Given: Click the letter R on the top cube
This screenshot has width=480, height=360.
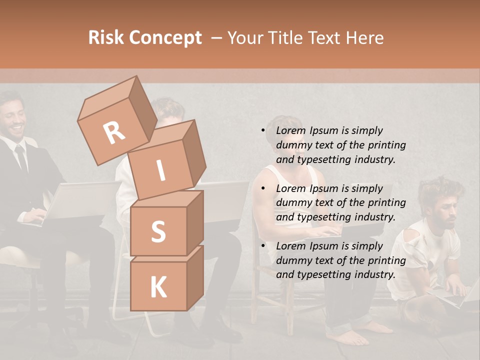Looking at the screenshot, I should [x=114, y=132].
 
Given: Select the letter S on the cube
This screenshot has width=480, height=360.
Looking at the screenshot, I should [x=158, y=232].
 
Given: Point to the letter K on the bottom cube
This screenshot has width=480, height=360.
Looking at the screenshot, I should [x=158, y=287].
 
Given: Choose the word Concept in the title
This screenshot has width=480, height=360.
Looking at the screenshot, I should [x=165, y=38].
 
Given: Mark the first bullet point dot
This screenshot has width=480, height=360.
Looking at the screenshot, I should [x=263, y=130].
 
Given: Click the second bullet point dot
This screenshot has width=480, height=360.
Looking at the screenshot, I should [x=263, y=188].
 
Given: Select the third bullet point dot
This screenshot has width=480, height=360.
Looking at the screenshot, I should [x=263, y=246].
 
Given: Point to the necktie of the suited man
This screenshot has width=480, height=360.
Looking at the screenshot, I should [x=21, y=157].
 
